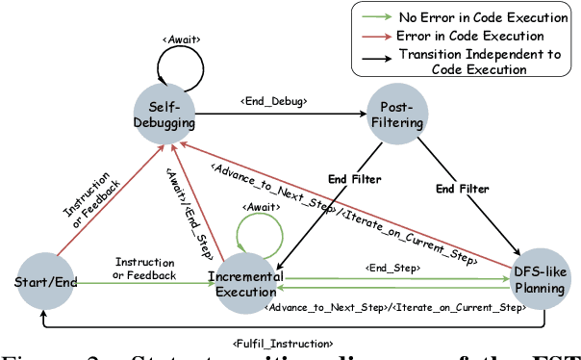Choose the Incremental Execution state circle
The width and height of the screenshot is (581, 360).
tap(246, 280)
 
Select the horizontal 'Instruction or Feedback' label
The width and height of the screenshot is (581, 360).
tap(144, 269)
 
